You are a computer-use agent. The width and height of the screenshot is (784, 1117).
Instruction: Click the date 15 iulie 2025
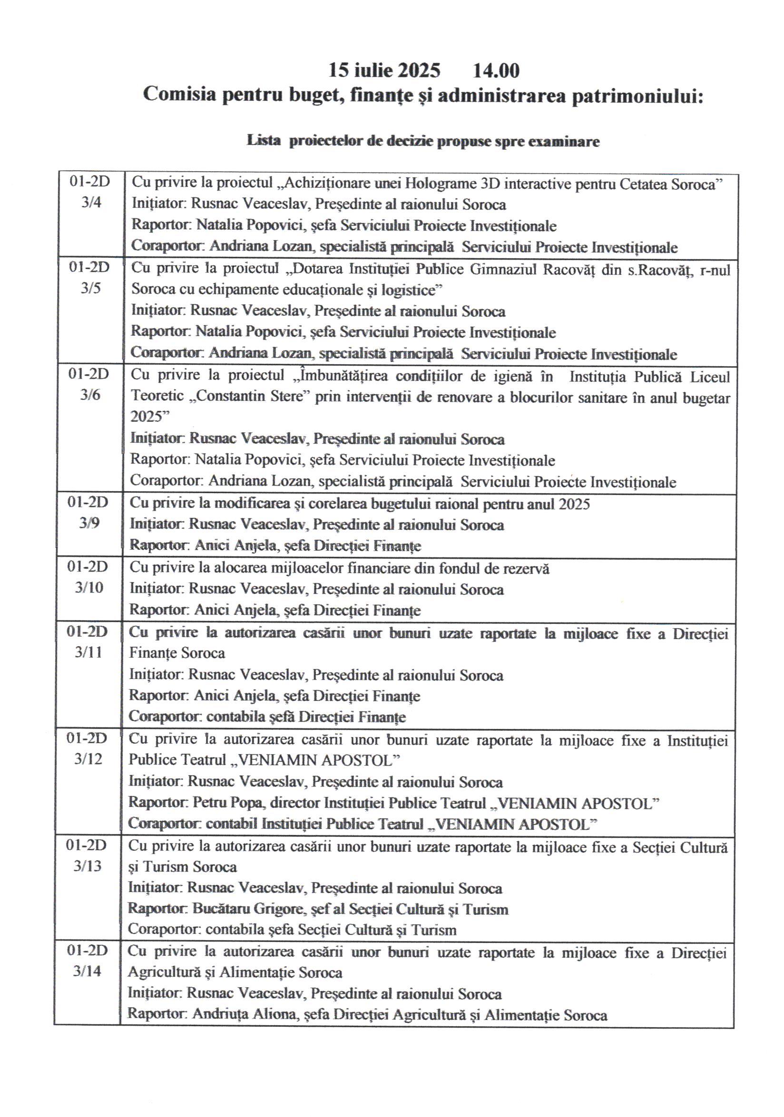click(x=384, y=70)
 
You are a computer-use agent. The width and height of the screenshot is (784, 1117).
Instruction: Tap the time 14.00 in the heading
click(x=496, y=70)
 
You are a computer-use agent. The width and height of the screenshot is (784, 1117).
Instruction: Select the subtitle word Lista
click(x=263, y=141)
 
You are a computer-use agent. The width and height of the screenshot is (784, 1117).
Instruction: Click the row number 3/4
click(x=91, y=203)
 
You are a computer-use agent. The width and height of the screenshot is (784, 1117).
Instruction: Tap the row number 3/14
click(x=87, y=971)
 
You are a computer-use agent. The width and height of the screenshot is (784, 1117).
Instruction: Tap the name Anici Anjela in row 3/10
click(x=235, y=610)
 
